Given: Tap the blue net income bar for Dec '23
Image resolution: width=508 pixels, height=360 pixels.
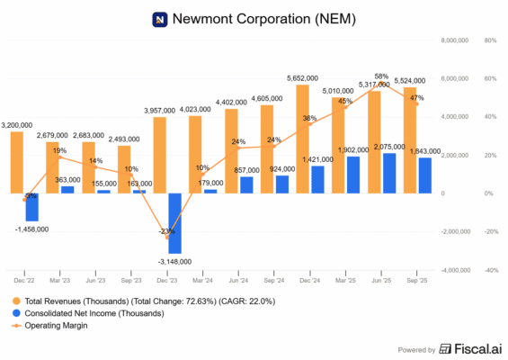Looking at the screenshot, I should point(174,222).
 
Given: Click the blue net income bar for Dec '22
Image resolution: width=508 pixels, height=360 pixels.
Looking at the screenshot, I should point(31,207).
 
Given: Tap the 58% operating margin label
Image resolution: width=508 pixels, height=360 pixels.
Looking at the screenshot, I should point(381,76).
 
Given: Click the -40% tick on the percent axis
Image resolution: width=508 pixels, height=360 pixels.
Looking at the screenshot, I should point(490,269).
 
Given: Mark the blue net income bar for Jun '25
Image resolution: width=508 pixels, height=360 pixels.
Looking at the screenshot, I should point(388,173).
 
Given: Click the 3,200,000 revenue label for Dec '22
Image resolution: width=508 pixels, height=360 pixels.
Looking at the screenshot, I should point(18,124).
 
